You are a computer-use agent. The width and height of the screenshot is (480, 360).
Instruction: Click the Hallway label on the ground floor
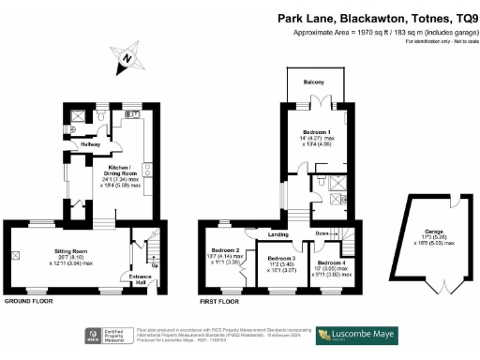coord(90,144)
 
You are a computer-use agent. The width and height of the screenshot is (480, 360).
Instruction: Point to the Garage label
coord(433,231)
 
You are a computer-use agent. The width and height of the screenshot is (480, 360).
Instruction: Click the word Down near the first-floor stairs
coord(322,233)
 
